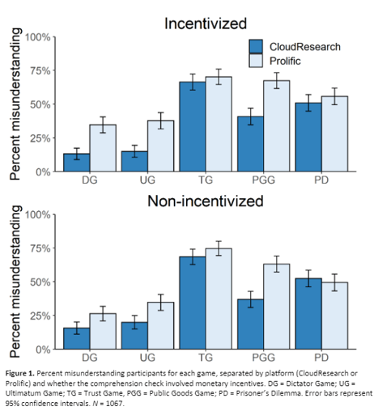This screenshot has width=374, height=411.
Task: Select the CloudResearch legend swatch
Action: [257, 47]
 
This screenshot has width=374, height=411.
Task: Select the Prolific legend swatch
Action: [257, 62]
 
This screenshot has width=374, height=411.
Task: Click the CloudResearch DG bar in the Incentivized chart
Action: [77, 163]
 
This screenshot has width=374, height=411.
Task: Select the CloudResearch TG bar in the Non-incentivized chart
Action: [193, 303]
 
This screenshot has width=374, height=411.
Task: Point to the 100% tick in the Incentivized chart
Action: [37, 37]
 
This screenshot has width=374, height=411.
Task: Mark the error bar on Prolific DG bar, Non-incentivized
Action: [102, 313]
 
